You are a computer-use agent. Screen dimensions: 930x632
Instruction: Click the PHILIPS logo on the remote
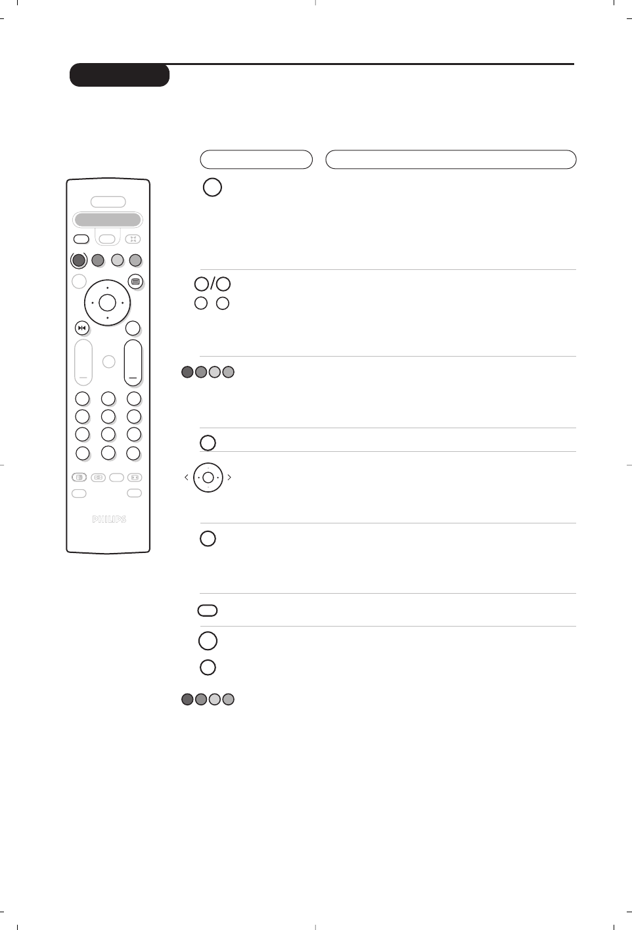click(x=108, y=520)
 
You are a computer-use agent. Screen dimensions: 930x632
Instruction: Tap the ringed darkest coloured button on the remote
click(x=79, y=260)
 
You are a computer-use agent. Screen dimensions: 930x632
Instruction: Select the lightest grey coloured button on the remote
click(x=117, y=260)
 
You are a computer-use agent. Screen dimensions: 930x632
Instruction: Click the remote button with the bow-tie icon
click(x=81, y=328)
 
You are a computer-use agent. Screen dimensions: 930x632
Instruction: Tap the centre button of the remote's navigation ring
click(x=107, y=303)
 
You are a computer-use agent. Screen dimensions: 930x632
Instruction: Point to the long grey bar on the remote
click(x=108, y=219)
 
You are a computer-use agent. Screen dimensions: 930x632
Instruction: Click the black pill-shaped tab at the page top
click(x=120, y=76)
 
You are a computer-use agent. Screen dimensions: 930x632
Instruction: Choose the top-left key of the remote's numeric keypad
click(x=82, y=399)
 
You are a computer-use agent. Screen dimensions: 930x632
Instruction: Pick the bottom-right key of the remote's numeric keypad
click(x=133, y=453)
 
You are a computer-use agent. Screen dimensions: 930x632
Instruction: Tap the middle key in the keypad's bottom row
click(x=108, y=453)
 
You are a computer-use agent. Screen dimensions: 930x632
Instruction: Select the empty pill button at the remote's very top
click(x=108, y=202)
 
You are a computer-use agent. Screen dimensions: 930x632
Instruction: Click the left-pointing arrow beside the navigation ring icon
click(x=187, y=477)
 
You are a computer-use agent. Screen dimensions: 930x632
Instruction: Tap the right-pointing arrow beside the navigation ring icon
click(x=229, y=477)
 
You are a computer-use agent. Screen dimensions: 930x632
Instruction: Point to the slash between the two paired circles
click(x=212, y=284)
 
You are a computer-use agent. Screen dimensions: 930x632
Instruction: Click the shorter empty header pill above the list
click(x=256, y=160)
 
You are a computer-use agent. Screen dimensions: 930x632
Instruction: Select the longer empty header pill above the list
click(x=451, y=160)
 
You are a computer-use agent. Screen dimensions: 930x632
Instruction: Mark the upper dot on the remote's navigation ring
click(x=107, y=288)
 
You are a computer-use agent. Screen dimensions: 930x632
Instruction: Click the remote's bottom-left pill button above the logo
click(x=79, y=493)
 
